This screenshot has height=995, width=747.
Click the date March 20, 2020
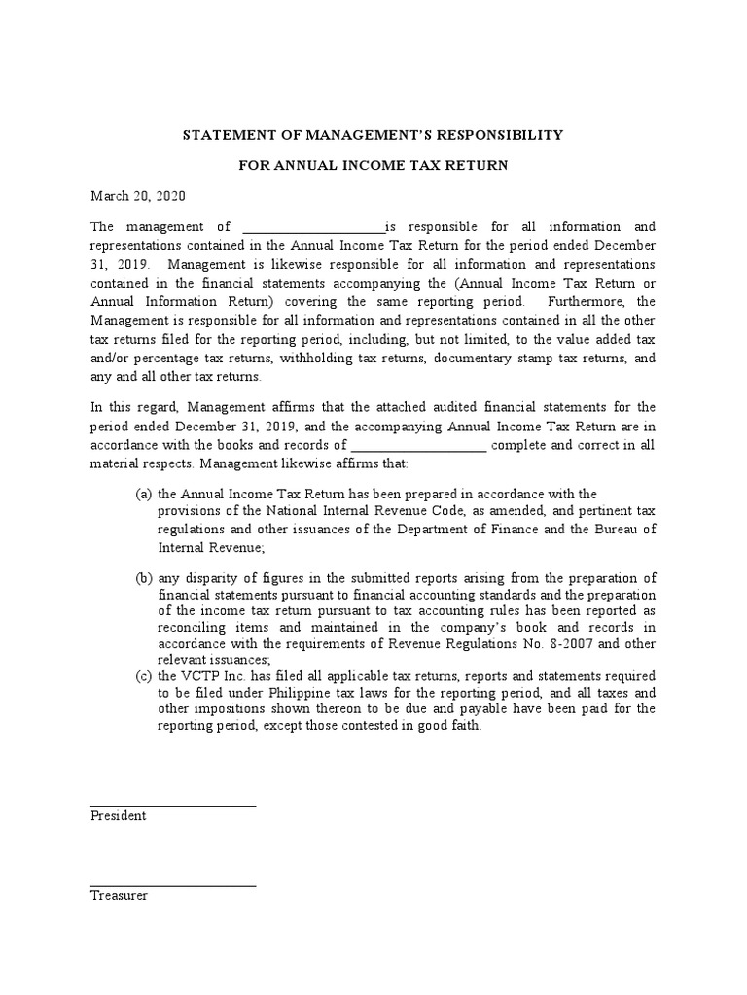pos(137,196)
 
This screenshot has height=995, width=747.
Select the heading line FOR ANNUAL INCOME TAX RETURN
pos(373,166)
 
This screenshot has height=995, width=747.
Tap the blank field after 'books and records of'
pos(417,446)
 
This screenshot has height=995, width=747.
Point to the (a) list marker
pos(143,494)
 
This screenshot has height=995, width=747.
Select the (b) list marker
pos(143,578)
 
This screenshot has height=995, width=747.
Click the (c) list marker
pos(143,675)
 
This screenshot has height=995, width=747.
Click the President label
pos(118,816)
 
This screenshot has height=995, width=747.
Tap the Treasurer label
pos(119,895)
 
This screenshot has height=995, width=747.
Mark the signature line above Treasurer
pos(173,885)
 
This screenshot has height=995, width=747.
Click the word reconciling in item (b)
pos(196,628)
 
